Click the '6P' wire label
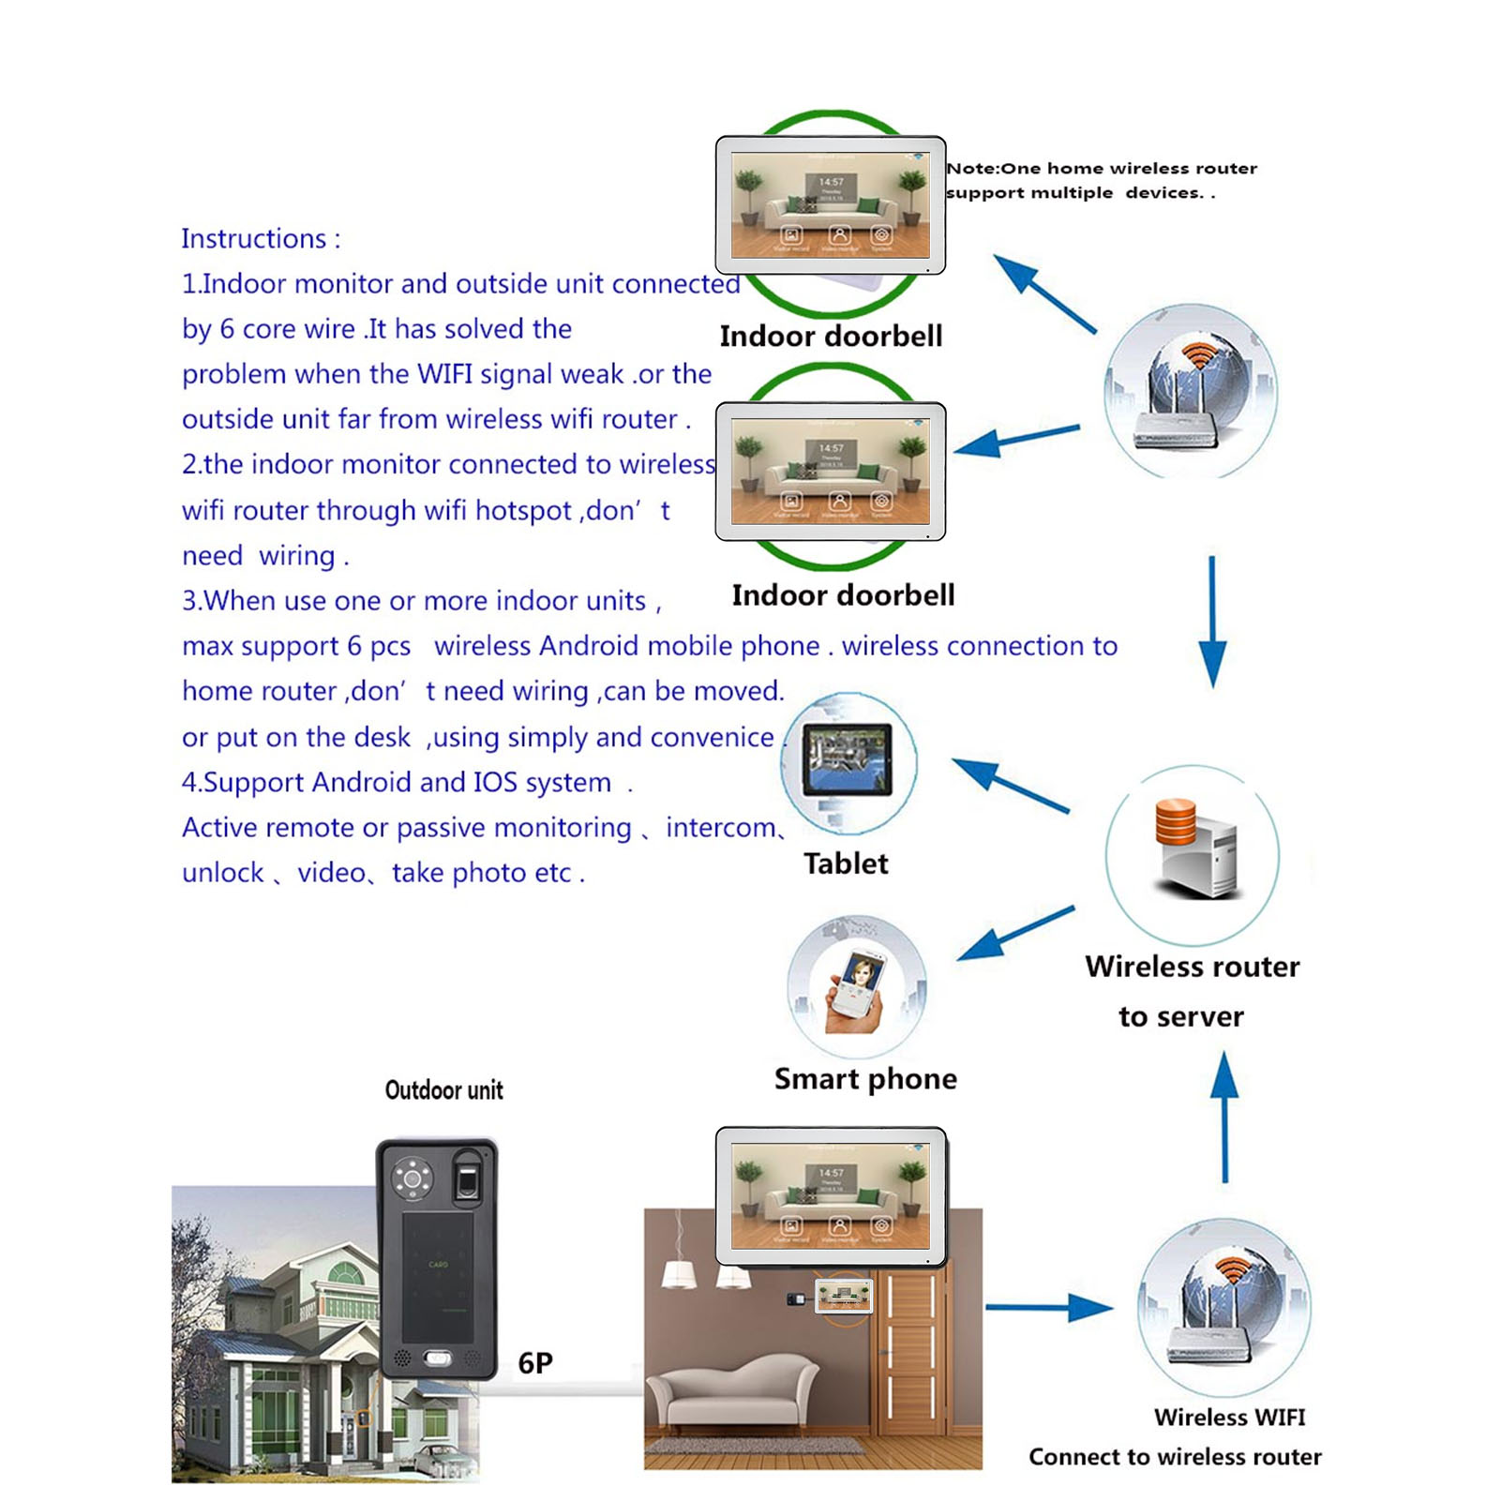point(535,1362)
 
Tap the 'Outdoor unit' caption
point(443,1089)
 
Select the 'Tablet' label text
point(846,863)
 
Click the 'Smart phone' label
point(865,1079)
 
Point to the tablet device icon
point(848,759)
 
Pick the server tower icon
point(1197,848)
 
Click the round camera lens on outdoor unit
point(412,1178)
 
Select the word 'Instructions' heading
point(254,239)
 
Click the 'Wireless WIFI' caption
point(1229,1417)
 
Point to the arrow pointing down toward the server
point(1212,623)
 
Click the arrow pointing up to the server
point(1224,1116)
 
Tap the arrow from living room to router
point(1049,1307)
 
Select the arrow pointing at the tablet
point(1010,784)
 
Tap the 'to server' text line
point(1181,1017)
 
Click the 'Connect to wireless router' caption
point(1175,1457)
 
